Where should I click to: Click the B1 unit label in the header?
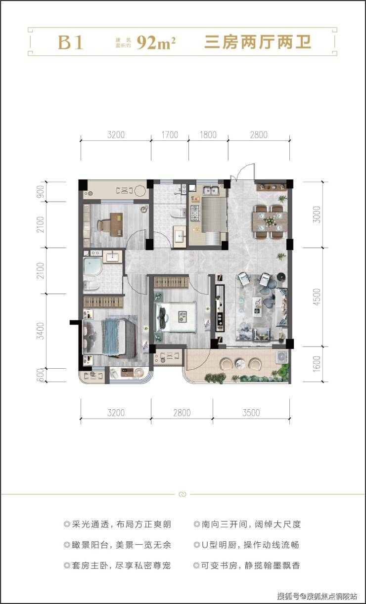click(70, 43)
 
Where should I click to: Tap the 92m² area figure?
click(156, 43)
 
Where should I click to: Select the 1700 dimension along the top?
click(170, 134)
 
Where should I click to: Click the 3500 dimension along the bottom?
click(251, 413)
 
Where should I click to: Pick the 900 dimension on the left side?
click(41, 191)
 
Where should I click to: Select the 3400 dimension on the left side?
click(41, 331)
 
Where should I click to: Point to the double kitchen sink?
click(211, 190)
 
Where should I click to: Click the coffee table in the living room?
click(257, 305)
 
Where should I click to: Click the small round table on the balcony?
click(239, 363)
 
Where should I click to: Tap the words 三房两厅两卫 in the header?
click(258, 43)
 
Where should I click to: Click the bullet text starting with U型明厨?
click(247, 545)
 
